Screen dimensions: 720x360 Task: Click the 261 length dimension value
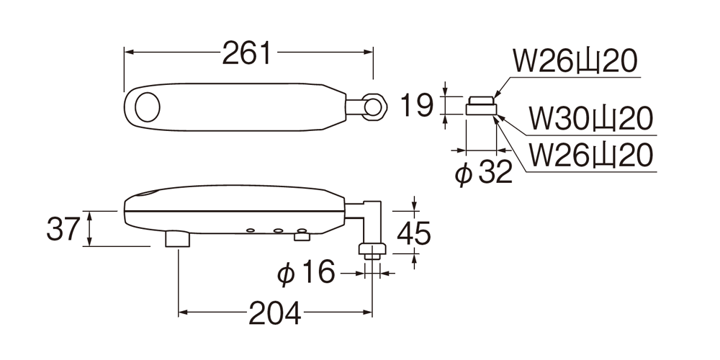tap(247, 53)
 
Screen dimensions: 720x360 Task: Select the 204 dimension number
tap(275, 314)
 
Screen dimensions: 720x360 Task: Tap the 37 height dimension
tap(63, 229)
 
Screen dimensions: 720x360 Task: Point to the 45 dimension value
tap(414, 233)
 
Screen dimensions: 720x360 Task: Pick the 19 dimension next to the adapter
tap(416, 105)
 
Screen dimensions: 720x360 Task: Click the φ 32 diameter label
tap(483, 173)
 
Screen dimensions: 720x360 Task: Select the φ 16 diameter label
tap(306, 273)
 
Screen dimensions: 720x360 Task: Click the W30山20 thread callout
tap(590, 119)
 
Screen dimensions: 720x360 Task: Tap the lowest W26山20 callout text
tap(590, 156)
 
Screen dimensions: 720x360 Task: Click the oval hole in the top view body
tap(148, 107)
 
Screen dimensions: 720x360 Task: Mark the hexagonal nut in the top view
tap(374, 107)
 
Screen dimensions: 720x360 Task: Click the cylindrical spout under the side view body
tap(178, 239)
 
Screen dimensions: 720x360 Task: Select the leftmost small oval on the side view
tap(251, 230)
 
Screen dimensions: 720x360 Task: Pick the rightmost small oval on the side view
tap(301, 230)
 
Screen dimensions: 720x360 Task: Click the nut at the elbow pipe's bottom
tap(372, 249)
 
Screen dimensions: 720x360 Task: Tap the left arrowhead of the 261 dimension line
tap(129, 52)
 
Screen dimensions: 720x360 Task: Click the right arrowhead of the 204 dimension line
tap(367, 312)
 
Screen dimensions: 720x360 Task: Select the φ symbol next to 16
tap(286, 274)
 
